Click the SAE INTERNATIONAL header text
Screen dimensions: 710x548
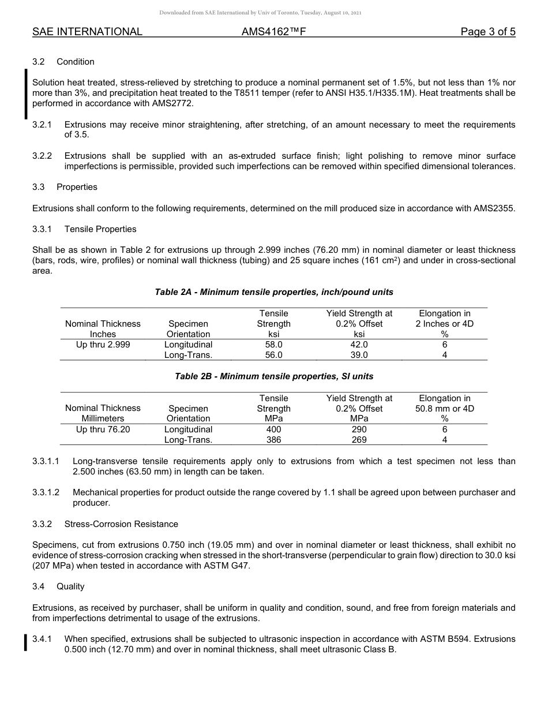tap(87, 32)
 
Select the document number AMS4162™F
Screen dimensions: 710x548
tap(273, 32)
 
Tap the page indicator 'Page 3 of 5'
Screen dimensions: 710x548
tap(487, 32)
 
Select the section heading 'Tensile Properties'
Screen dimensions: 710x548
tap(100, 229)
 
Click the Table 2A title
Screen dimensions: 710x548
tap(274, 292)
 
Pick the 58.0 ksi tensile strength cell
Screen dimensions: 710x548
tap(273, 345)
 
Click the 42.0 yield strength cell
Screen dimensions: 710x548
tap(359, 345)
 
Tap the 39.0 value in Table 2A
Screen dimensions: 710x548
tap(359, 355)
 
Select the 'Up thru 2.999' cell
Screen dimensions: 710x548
tap(103, 345)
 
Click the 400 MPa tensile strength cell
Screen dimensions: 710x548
tap(273, 429)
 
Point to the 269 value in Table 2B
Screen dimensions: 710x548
tap(359, 440)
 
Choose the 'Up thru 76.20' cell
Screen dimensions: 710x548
tap(103, 429)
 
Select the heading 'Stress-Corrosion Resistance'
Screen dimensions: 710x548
tap(121, 524)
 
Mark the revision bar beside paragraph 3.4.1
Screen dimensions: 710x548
tap(25, 642)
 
